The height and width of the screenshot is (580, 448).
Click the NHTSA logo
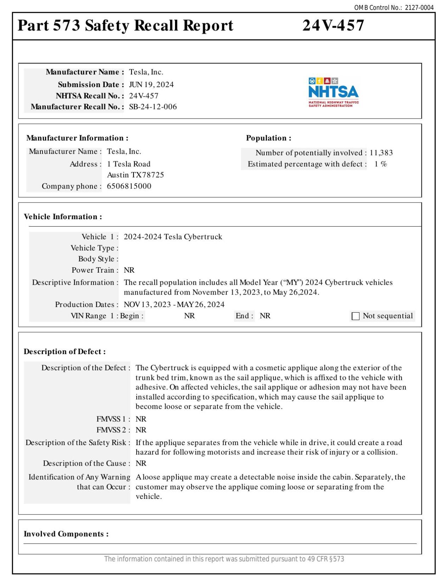(333, 92)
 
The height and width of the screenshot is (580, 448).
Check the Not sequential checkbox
(355, 316)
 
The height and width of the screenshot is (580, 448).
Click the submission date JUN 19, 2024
(151, 85)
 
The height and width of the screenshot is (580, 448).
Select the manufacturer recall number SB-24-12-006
(153, 107)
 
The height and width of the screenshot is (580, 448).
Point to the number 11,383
(381, 153)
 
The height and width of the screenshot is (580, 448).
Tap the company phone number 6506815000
(129, 186)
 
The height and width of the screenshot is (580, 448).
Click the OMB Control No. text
(393, 7)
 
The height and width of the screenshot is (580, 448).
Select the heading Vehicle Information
(63, 217)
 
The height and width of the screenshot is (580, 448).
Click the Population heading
(268, 138)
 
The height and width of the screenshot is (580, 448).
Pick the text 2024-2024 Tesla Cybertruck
(173, 237)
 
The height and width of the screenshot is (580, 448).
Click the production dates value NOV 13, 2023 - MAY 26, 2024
(174, 305)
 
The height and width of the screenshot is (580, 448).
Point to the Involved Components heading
(66, 534)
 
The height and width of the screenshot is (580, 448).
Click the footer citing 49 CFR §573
(224, 559)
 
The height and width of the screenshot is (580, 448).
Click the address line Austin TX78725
(135, 175)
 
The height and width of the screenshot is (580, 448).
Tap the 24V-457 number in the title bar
(333, 25)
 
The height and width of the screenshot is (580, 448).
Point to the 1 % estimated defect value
(380, 164)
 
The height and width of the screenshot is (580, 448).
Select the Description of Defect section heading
(64, 352)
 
